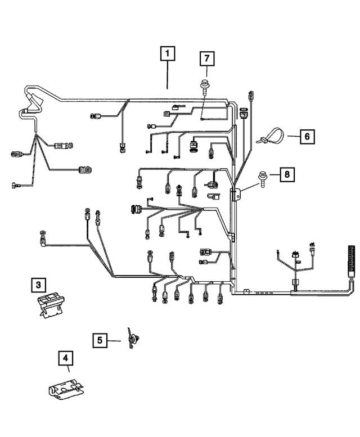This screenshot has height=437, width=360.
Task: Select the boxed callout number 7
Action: tap(206, 58)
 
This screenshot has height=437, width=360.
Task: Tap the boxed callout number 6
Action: tap(307, 136)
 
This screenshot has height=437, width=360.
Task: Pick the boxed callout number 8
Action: tap(286, 175)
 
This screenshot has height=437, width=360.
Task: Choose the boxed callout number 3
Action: tap(39, 285)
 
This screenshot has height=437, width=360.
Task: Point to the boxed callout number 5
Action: tap(100, 340)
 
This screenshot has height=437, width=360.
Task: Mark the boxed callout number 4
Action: tap(66, 358)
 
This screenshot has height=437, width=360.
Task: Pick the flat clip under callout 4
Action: tap(65, 388)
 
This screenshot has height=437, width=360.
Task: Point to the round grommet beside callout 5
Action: tap(133, 339)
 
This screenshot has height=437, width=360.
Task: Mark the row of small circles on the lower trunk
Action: tap(264, 293)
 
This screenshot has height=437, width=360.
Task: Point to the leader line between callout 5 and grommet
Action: tap(115, 340)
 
